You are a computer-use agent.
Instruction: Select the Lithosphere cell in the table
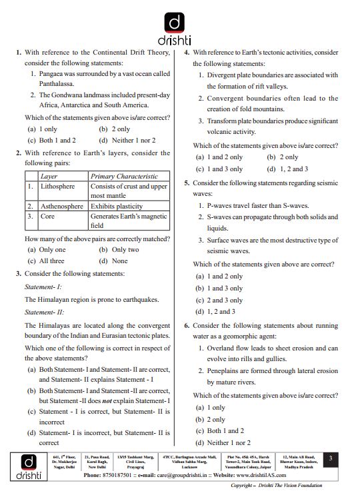tap(58, 187)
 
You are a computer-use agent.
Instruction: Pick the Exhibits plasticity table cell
tap(117, 207)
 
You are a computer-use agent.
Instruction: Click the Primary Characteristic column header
tap(124, 177)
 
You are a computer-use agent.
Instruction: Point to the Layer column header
tap(49, 177)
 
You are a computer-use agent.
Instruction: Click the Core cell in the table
tap(47, 217)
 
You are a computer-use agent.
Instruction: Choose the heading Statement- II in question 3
tap(43, 312)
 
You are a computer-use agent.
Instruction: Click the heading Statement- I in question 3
tap(43, 286)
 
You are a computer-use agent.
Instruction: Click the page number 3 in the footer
tap(331, 458)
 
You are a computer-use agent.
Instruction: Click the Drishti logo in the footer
tap(25, 466)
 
